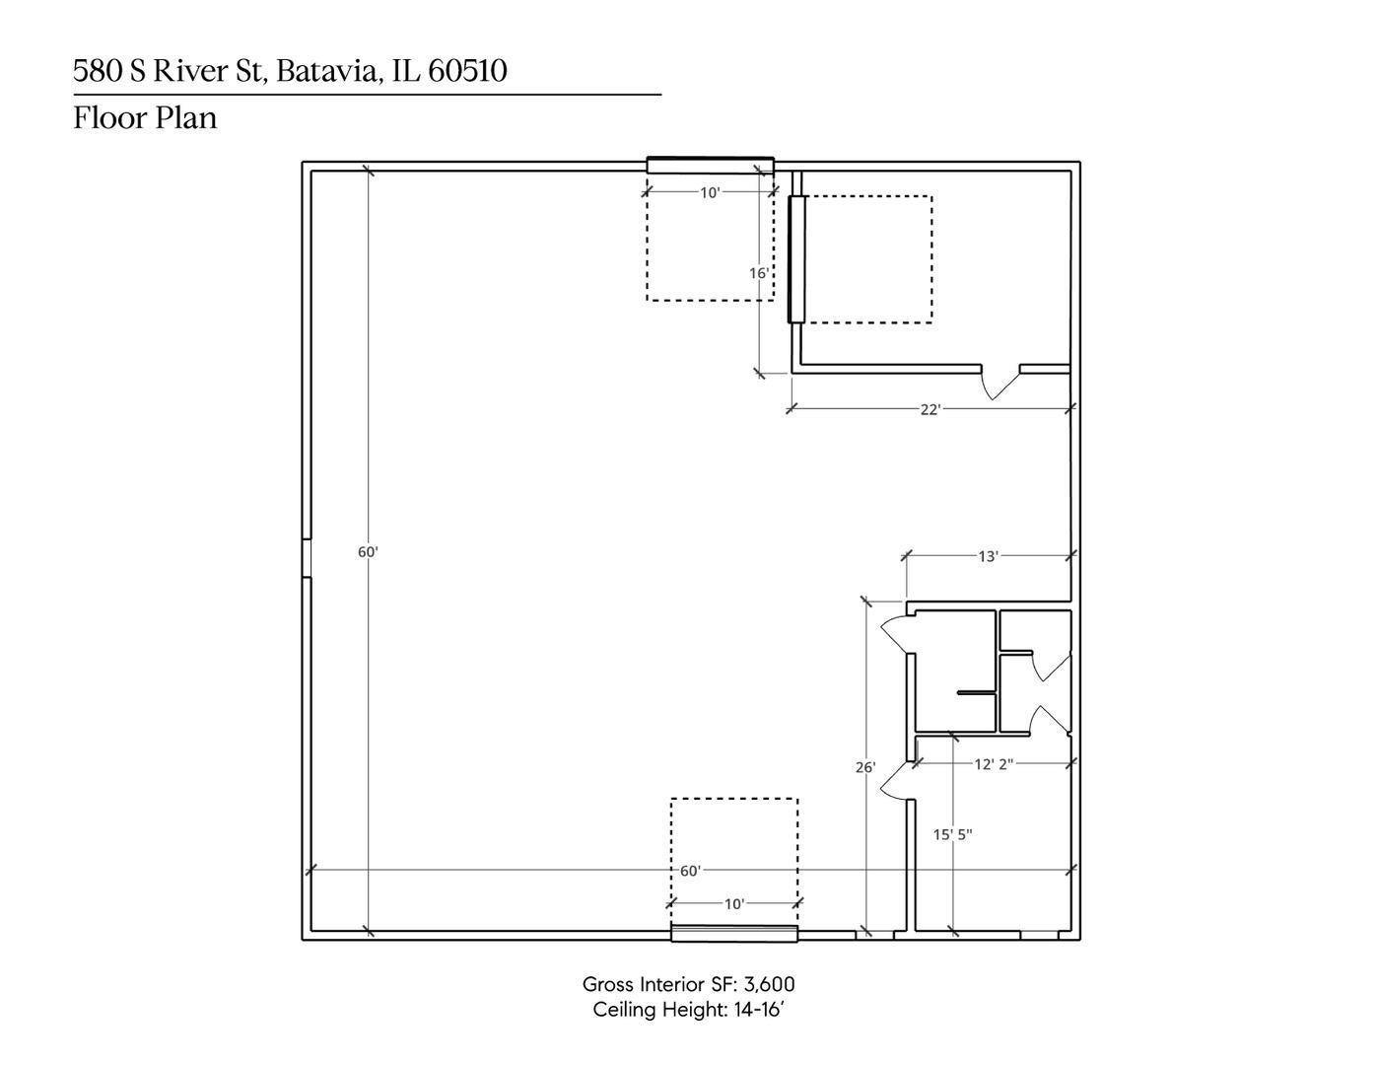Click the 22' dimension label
tap(930, 410)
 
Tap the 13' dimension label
tap(988, 557)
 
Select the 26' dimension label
tap(865, 767)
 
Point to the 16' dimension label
tap(759, 273)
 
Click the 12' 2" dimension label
tap(994, 764)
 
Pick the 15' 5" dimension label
tap(952, 835)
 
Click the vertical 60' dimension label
tap(368, 552)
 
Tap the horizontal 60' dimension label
tap(690, 871)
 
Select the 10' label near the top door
tap(710, 193)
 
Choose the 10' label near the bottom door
tap(733, 904)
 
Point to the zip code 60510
tap(467, 71)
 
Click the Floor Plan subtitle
tap(145, 118)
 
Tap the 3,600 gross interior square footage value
tap(769, 984)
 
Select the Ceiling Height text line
tap(689, 1009)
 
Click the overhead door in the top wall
tap(711, 166)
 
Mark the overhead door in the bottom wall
tap(734, 933)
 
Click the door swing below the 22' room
tap(1000, 384)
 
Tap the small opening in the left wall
tap(307, 558)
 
